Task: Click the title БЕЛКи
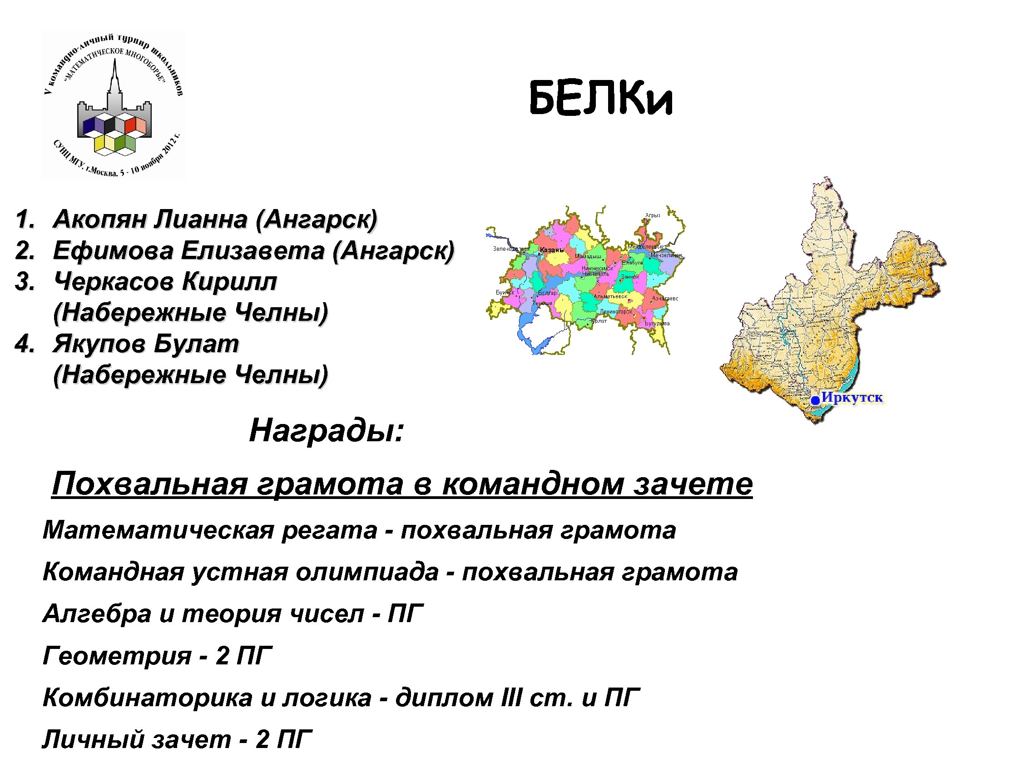pos(601,99)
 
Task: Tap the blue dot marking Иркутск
pos(815,400)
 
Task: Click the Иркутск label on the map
pos(852,398)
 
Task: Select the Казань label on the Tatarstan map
pos(552,250)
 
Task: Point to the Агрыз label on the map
pos(652,215)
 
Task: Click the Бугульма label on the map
pos(657,324)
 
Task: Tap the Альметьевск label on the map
pos(610,296)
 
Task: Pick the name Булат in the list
pos(196,344)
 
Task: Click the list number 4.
pos(24,344)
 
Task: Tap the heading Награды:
pos(326,430)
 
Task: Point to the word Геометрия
pos(117,656)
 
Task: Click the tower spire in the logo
pos(114,77)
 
